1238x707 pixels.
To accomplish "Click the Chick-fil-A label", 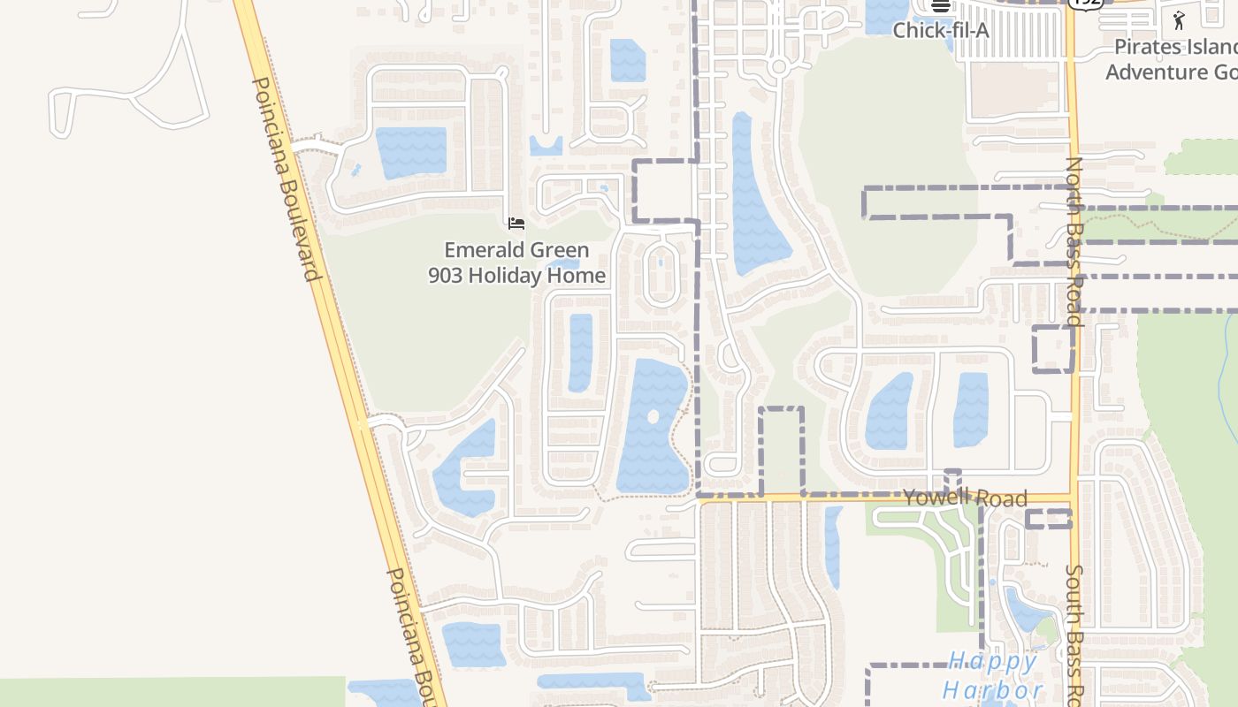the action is [x=940, y=30].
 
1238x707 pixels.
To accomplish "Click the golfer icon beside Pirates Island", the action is [x=1179, y=20].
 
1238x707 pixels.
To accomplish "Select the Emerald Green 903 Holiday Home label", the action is [x=516, y=262].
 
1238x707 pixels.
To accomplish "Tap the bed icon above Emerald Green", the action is [x=516, y=223].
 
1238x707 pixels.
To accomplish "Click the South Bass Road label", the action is [x=1074, y=632].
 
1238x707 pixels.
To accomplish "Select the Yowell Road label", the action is [x=965, y=497].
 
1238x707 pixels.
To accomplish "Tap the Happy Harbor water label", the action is [x=993, y=675].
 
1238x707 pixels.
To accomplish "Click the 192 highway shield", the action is [x=1084, y=3].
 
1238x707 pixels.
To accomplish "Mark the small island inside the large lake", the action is [x=653, y=416].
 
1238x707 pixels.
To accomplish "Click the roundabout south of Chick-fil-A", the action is [x=778, y=66].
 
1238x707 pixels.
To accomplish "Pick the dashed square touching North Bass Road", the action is [x=1053, y=348].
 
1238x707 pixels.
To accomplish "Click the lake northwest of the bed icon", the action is [x=411, y=152].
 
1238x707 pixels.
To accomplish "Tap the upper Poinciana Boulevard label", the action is [x=286, y=179].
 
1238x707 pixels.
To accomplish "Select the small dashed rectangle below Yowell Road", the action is [x=1049, y=519].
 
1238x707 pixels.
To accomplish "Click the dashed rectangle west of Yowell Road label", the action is [x=782, y=450].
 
